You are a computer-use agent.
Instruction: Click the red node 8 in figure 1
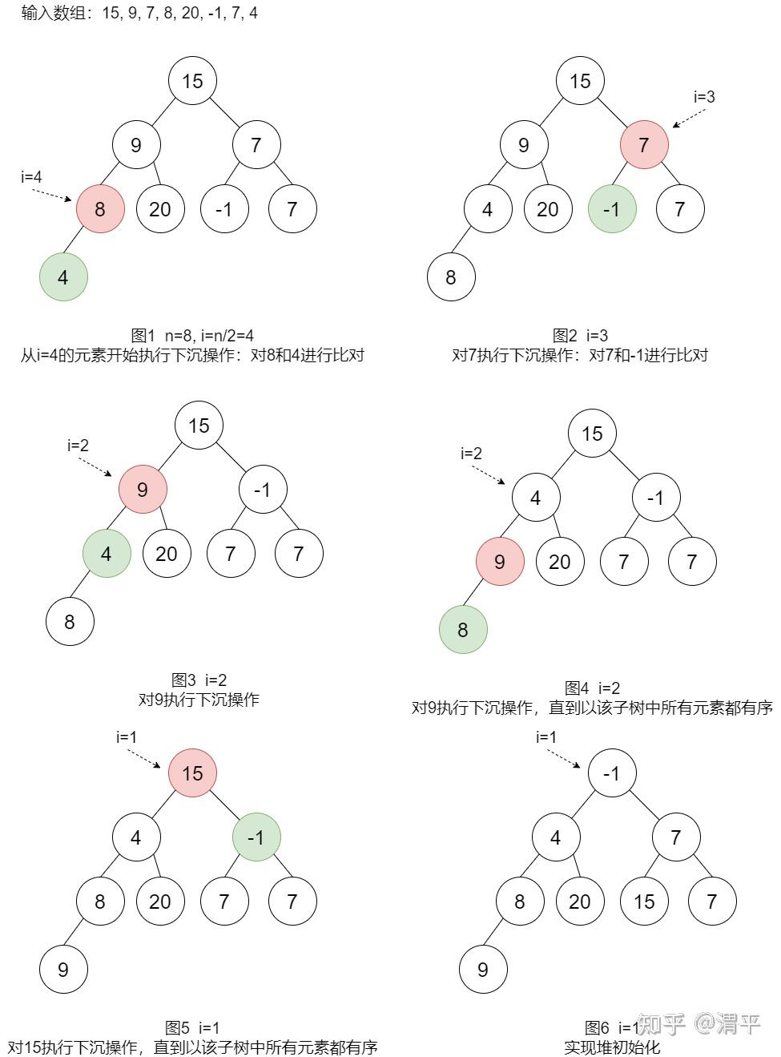[100, 208]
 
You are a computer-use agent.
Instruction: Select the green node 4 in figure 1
[63, 277]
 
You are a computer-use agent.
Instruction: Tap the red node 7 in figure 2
[644, 144]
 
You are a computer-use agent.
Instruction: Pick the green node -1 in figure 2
[612, 208]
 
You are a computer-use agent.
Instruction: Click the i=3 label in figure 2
[704, 97]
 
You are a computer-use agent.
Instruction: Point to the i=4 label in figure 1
[31, 177]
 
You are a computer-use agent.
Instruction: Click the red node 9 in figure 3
[143, 490]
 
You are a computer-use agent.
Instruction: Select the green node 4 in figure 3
[107, 553]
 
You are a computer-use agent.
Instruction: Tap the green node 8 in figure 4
[463, 630]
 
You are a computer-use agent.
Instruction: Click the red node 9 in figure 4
[500, 562]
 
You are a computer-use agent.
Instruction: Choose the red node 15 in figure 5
[192, 773]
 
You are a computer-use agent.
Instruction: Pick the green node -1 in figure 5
[256, 837]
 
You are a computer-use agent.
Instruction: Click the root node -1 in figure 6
[612, 773]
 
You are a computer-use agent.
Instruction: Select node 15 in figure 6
[644, 902]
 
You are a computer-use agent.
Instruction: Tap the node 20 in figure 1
[160, 208]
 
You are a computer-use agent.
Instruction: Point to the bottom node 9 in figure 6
[483, 970]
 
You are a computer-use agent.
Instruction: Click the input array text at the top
[139, 13]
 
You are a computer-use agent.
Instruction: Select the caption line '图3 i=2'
[199, 680]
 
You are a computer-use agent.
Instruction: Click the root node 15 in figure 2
[580, 81]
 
